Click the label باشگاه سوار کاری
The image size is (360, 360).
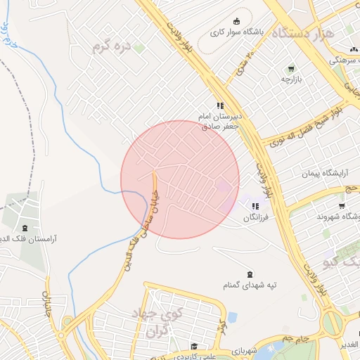237,32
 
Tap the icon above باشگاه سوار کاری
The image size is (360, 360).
236,20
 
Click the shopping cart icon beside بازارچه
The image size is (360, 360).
290,69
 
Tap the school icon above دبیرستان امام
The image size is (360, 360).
220,105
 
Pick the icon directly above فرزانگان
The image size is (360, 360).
255,206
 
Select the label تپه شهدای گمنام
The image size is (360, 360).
250,285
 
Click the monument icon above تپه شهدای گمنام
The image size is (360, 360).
250,274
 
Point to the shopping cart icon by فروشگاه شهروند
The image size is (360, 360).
342,206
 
